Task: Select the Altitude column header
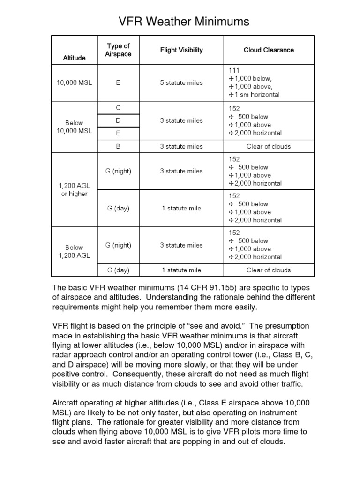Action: click(x=74, y=58)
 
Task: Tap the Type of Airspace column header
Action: click(x=118, y=50)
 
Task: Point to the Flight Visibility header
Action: click(x=181, y=50)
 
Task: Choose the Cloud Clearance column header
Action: click(x=269, y=50)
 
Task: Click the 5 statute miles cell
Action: click(x=181, y=82)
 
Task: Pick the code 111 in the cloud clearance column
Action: click(x=234, y=70)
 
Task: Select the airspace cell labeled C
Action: click(x=118, y=108)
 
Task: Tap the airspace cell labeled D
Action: click(x=118, y=120)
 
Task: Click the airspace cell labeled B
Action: click(x=118, y=146)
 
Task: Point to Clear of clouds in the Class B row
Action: click(x=269, y=146)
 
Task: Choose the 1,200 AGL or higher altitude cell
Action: click(x=74, y=190)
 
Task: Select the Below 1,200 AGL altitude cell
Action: click(x=74, y=251)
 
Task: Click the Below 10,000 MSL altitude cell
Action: click(x=74, y=127)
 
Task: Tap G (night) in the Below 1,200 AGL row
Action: click(x=118, y=245)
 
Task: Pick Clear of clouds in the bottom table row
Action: click(x=269, y=270)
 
